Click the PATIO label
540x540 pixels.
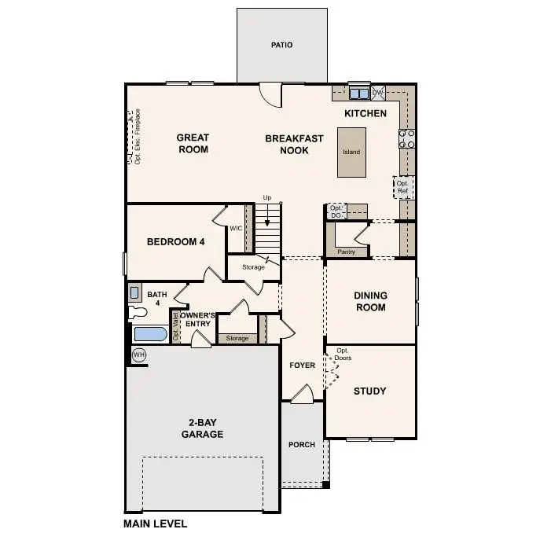coord(281,45)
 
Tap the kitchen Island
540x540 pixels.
coord(351,152)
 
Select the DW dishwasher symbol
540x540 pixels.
coord(378,93)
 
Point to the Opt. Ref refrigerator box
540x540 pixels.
coord(403,187)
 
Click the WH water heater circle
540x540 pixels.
coord(139,354)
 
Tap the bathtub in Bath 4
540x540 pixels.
coord(150,335)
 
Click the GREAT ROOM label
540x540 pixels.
coord(193,143)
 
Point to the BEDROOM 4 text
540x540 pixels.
coord(176,241)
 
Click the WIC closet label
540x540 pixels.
coord(235,229)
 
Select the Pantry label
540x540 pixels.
coord(346,252)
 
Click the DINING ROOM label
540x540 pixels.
coord(369,301)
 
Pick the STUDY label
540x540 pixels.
coord(369,391)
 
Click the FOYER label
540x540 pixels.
coord(302,365)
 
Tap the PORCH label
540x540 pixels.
coord(302,444)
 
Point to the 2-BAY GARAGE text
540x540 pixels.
coord(203,428)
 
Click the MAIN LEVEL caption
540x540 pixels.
coord(155,523)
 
